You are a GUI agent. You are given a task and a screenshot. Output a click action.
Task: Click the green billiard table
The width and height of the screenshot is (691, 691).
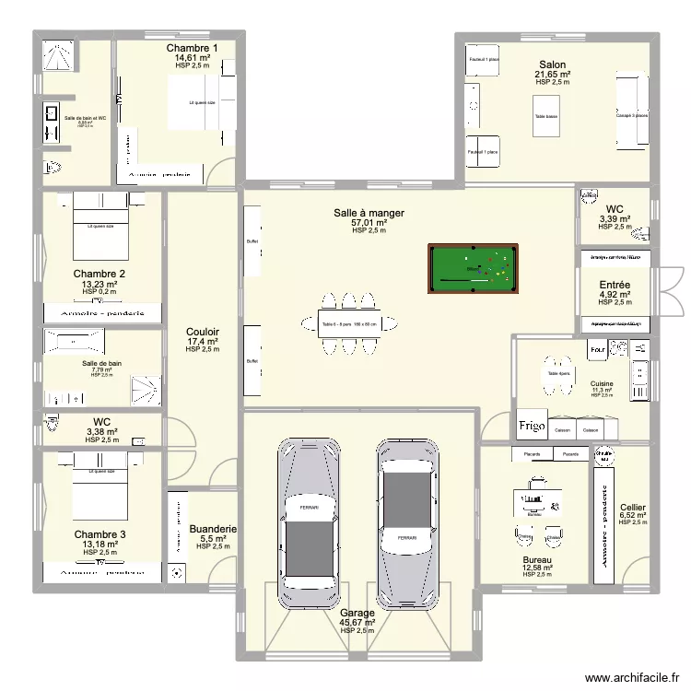coord(472,269)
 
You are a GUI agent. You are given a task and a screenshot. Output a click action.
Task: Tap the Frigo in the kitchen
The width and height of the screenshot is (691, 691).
coord(531,427)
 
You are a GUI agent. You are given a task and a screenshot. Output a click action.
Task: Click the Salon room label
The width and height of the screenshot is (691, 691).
coord(553,64)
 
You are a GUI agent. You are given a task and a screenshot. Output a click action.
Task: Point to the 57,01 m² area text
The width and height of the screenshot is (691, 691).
coord(369,222)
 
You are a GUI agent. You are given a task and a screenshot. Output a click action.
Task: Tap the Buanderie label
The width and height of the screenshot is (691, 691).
coord(213,529)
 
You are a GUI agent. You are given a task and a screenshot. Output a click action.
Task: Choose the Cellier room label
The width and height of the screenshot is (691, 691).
coord(633,507)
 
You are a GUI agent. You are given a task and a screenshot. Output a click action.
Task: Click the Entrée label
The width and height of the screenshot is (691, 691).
coord(614,286)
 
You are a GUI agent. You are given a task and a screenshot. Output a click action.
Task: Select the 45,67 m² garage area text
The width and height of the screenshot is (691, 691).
coord(357,622)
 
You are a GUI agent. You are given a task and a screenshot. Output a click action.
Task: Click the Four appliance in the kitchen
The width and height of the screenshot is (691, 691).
coord(597,349)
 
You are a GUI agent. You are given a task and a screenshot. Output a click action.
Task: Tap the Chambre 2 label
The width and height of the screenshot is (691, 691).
coord(100,274)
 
